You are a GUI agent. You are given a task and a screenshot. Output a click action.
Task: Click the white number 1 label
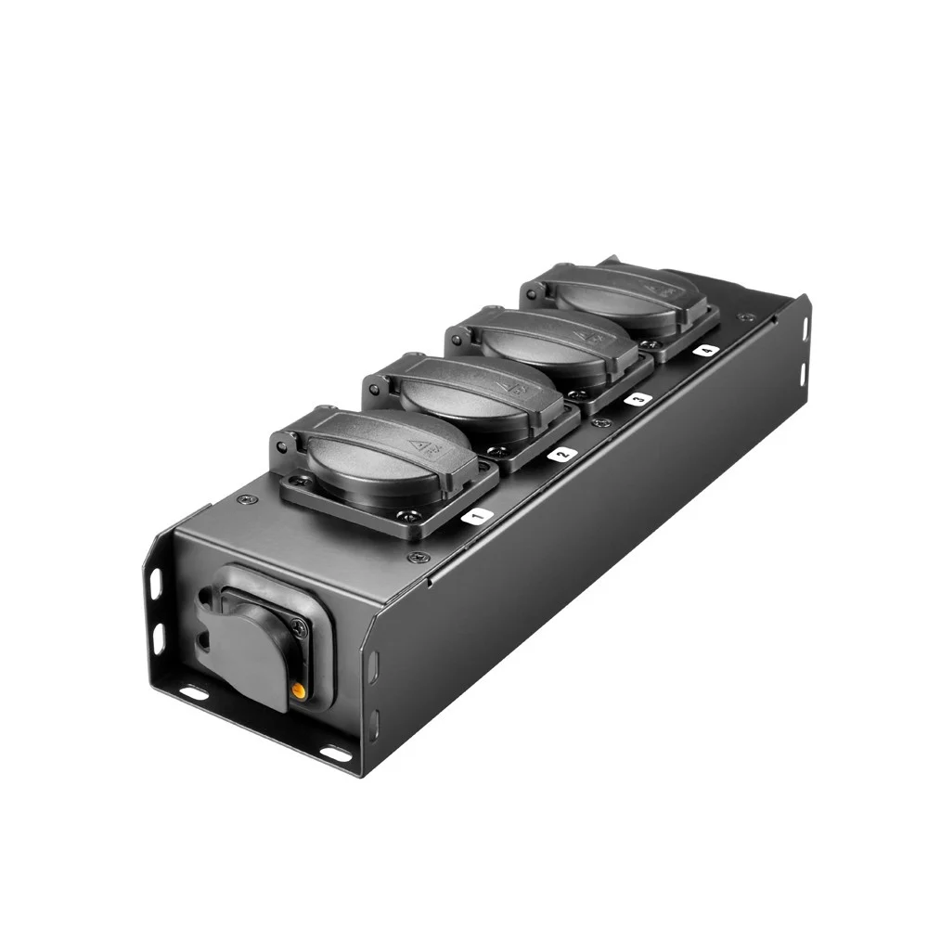pos(474,516)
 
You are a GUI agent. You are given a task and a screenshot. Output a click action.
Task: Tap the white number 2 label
pos(561,455)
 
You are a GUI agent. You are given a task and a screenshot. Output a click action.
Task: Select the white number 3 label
pos(638,399)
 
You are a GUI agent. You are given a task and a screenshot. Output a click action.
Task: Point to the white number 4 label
pos(706,351)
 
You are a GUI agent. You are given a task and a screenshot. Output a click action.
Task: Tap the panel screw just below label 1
pos(416,559)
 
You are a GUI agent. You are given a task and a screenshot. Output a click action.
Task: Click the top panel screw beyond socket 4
pos(741,318)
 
